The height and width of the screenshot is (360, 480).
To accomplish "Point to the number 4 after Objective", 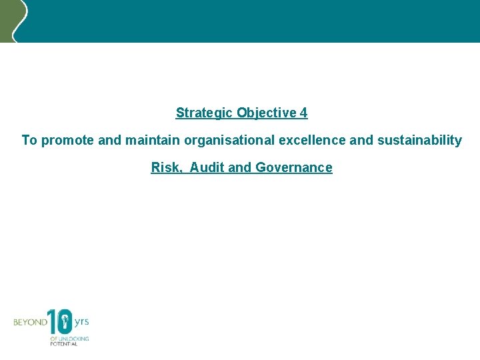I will coord(304,113).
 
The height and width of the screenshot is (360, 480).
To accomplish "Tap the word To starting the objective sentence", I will coord(29,141).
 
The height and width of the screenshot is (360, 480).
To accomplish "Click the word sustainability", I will coord(419,141).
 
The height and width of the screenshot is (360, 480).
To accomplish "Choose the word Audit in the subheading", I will coord(207,168).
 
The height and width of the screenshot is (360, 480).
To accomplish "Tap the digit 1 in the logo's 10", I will coord(51,321).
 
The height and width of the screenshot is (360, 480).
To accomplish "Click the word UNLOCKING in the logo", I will coord(73,339).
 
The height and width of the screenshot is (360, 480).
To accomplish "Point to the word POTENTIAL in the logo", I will coord(64,344).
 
